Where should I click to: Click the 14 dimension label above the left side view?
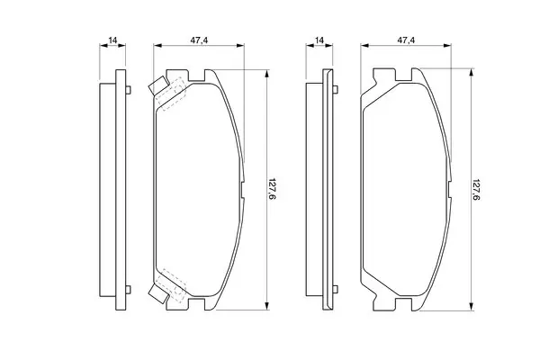point(113,40)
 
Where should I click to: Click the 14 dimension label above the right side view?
point(319,40)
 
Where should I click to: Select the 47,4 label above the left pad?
point(200,40)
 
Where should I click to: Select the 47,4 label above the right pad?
point(407,40)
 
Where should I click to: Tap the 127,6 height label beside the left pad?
point(272,190)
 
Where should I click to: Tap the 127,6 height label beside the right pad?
point(476,190)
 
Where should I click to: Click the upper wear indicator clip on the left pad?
point(158,85)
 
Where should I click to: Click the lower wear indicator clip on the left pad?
point(158,294)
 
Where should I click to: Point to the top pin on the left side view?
point(128,90)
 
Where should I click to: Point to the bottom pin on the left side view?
point(128,290)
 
